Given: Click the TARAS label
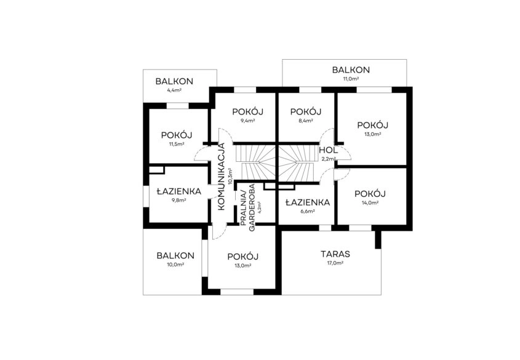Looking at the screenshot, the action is click(335, 254).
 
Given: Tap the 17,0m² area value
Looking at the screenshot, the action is click(335, 263).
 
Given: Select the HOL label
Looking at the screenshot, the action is click(329, 150).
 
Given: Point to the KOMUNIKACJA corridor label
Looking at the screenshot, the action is click(222, 177).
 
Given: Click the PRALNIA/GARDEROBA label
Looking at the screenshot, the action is click(248, 208).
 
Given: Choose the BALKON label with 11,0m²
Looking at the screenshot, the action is click(351, 70).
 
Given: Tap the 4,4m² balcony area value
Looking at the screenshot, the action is click(174, 90).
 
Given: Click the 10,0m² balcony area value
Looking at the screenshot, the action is click(175, 264).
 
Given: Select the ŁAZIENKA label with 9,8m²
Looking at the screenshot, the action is click(178, 191).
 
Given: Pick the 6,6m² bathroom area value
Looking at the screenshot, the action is click(308, 211).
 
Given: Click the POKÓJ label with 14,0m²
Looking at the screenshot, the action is click(370, 194).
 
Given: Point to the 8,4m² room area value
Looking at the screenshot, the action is click(305, 121).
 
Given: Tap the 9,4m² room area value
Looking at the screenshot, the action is click(247, 121).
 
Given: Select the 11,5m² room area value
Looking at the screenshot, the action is click(177, 144).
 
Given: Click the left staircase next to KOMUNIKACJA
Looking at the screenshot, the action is click(255, 162).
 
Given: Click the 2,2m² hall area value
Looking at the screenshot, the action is click(329, 159).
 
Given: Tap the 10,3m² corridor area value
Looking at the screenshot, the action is click(230, 176).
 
